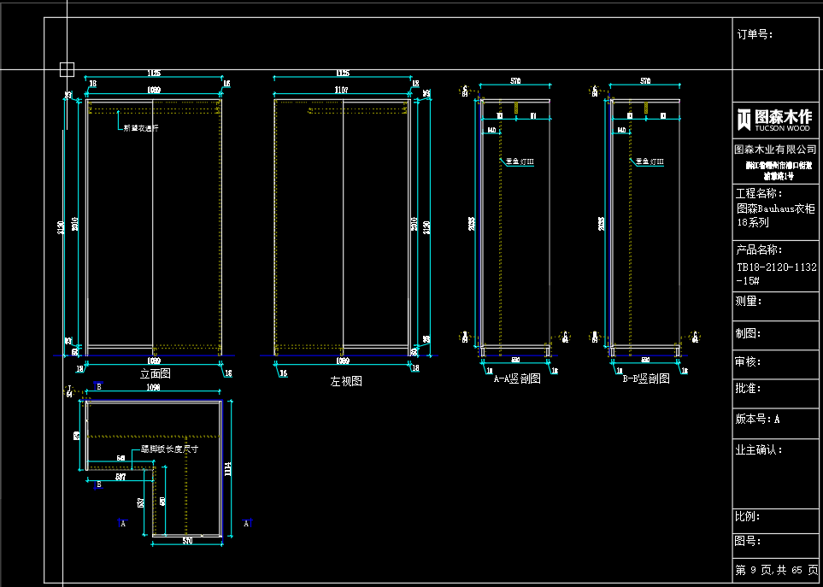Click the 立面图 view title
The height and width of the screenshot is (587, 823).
155,374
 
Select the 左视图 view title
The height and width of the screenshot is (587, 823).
346,381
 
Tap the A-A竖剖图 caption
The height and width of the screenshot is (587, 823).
517,379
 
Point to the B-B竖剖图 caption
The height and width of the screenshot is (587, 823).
645,379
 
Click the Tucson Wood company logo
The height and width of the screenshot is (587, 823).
774,120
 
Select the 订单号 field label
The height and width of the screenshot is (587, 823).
755,35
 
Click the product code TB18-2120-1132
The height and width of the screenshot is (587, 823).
776,267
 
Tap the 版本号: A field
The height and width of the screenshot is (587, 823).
758,420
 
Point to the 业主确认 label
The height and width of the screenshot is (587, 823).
758,449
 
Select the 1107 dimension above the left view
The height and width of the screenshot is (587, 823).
342,90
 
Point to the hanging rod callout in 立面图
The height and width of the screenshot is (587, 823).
141,128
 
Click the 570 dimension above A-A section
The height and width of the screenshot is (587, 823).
515,81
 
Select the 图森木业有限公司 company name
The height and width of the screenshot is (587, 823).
775,149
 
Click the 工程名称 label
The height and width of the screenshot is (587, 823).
759,194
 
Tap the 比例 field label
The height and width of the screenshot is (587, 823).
748,517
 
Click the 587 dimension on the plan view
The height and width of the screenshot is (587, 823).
121,478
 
